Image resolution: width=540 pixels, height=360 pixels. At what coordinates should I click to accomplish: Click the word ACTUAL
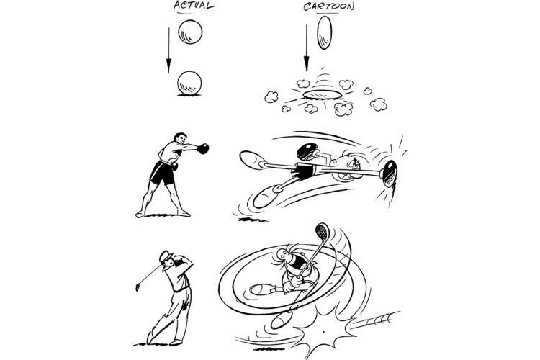(x=194, y=6)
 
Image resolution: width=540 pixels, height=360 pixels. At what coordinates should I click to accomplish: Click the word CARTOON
(x=328, y=6)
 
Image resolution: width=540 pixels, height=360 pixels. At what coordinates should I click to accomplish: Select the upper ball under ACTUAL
(x=190, y=32)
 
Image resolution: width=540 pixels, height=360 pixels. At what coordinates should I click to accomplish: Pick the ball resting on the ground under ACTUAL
(x=189, y=83)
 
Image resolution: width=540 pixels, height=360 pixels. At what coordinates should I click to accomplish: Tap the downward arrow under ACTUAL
(x=168, y=50)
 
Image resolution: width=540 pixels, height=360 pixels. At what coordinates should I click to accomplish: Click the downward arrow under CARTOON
(x=307, y=48)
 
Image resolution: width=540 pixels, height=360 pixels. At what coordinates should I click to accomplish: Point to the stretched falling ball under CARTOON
(x=325, y=32)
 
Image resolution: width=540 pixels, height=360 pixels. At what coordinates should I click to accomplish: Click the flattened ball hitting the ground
(x=323, y=95)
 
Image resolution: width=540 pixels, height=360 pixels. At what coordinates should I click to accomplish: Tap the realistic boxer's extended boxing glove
(x=203, y=148)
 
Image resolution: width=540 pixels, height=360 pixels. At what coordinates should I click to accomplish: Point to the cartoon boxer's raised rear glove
(x=307, y=151)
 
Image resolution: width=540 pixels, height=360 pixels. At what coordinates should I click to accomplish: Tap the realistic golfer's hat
(x=166, y=256)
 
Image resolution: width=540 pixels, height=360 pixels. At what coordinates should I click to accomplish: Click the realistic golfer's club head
(x=138, y=287)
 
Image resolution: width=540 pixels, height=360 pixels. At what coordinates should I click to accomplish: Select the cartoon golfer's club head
(x=323, y=232)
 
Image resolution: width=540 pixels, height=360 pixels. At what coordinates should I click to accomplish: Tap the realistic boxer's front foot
(x=184, y=214)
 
